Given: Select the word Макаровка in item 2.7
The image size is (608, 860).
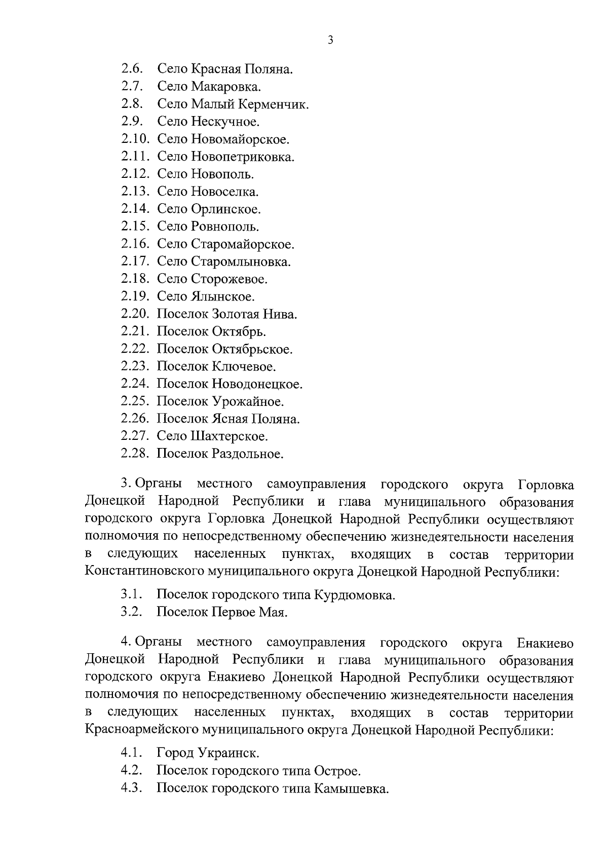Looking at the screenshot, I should [226, 87].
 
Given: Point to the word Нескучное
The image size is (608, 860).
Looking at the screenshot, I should [225, 122].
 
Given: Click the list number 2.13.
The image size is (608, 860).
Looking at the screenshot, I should [135, 192].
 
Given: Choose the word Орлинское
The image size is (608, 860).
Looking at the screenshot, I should [226, 209].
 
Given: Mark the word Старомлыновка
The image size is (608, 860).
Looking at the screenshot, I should [241, 261].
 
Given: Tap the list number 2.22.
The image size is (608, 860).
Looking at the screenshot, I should [135, 349].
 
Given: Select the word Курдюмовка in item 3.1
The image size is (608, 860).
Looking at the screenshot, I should [354, 595].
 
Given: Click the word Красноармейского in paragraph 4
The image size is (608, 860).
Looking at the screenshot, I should [142, 730].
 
